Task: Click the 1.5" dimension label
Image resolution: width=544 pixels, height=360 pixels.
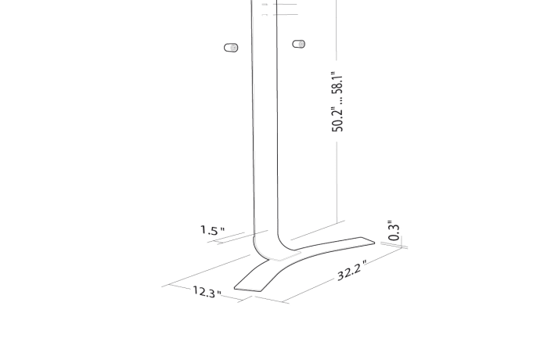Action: coord(212,231)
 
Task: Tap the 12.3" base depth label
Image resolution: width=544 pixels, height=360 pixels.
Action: coord(207,293)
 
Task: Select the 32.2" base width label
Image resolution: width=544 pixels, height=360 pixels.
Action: coord(352,271)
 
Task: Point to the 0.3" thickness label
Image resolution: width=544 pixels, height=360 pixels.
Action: coord(394,231)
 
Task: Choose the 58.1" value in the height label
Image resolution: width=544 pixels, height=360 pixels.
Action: coord(338,81)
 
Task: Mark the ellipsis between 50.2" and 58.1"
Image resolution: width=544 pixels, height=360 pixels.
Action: coord(338,99)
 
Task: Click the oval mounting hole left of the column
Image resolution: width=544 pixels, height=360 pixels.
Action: coord(231,48)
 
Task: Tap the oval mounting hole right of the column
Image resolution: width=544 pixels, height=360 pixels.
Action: coord(298,44)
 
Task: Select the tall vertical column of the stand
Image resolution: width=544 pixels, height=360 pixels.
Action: coord(265,125)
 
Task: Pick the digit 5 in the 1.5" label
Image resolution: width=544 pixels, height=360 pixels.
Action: coord(215,231)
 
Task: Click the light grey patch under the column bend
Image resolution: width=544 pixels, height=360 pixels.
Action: coord(286,254)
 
